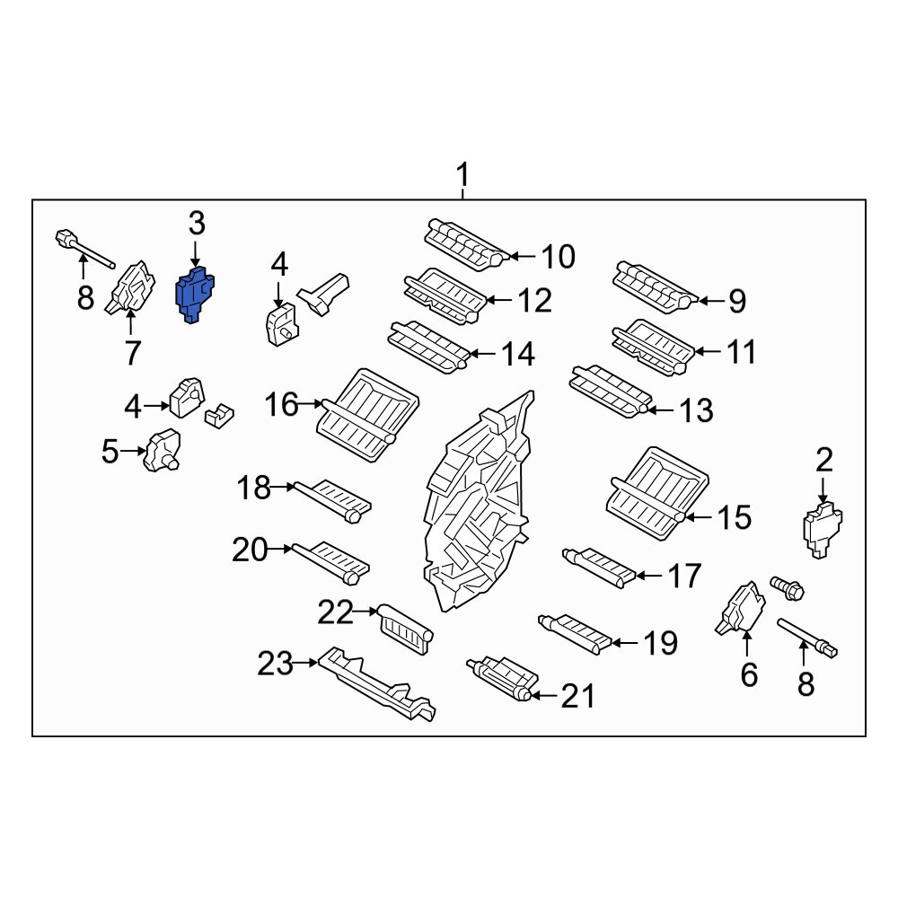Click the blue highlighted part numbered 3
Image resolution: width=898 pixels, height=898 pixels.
coord(195,295)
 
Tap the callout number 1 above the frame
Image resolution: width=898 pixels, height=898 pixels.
coord(462,175)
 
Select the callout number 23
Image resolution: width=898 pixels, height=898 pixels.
coord(275,664)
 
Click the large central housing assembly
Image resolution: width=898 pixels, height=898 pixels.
coord(479,504)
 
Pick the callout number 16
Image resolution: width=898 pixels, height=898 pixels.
coord(281,404)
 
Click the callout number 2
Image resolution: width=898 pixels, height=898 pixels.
coord(823,460)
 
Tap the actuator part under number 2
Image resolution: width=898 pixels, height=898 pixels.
coord(823,530)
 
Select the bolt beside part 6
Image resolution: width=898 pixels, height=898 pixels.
coord(788,589)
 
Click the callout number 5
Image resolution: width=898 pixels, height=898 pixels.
coord(110,452)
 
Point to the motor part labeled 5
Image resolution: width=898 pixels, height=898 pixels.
coord(162,450)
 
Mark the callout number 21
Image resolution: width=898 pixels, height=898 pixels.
coord(577,697)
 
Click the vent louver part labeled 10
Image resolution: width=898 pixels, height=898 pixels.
coord(466,244)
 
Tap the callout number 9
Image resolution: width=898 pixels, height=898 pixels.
coord(737,301)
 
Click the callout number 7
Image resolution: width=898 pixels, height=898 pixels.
coord(132,353)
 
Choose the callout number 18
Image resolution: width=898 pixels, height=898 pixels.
coord(254,488)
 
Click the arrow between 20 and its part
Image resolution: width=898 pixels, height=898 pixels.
coord(280,549)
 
